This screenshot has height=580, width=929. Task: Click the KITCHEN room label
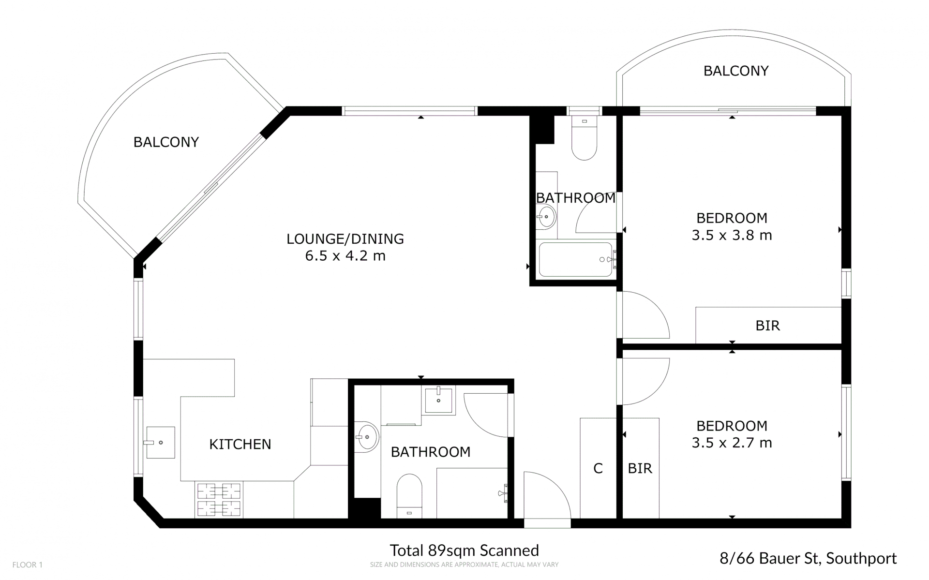click(240, 444)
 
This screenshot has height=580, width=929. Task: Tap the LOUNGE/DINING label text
click(345, 238)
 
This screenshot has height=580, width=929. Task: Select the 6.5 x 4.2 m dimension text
click(345, 255)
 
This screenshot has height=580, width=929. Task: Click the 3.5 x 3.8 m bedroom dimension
click(732, 235)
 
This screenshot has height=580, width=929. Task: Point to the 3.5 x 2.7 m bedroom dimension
click(732, 443)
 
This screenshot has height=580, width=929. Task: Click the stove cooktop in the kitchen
click(219, 499)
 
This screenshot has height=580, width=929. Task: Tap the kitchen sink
click(160, 442)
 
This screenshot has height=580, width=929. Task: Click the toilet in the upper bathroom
click(584, 137)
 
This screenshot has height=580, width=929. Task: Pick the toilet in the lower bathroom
click(409, 496)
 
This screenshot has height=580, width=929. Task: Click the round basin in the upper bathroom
click(546, 217)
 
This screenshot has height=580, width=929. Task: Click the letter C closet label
click(598, 468)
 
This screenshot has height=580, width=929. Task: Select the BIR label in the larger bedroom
click(767, 326)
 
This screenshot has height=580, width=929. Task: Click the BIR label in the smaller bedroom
click(640, 468)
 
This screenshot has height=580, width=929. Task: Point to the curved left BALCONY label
click(166, 142)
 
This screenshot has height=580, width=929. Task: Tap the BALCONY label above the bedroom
click(736, 71)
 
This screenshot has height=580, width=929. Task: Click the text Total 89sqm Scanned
click(464, 550)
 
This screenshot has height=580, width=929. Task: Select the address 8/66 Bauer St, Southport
click(808, 559)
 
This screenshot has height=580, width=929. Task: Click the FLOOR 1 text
click(28, 565)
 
